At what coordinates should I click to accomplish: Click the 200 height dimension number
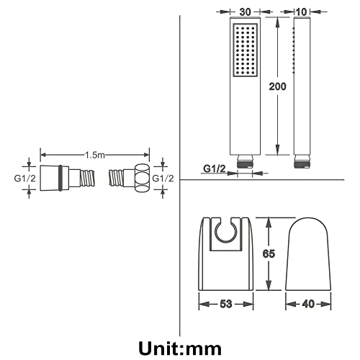(x=277, y=86)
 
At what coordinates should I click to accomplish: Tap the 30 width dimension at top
(x=245, y=12)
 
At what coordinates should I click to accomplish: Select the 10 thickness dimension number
(x=302, y=12)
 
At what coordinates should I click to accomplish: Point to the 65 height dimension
(x=269, y=253)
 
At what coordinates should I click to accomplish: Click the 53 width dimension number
(x=226, y=304)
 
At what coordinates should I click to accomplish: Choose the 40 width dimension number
(x=308, y=304)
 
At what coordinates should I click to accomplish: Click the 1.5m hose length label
(x=95, y=156)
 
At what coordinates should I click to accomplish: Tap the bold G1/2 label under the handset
(x=215, y=168)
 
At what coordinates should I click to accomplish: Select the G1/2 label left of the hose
(x=25, y=179)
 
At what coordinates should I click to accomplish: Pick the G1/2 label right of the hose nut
(x=163, y=179)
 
